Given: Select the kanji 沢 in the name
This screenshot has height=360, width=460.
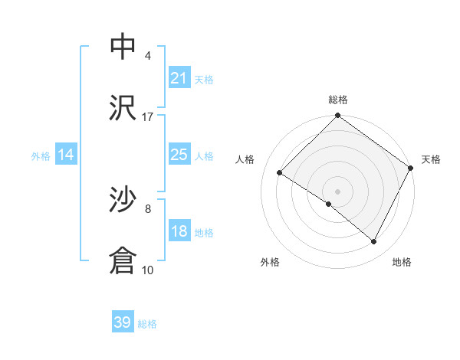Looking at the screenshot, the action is coord(123,108).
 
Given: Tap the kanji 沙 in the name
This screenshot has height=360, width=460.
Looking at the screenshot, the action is coord(123,200).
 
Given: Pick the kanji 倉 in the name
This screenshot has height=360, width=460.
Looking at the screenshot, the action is coord(123,261).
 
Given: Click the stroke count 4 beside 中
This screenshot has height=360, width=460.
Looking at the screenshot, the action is coord(148,55).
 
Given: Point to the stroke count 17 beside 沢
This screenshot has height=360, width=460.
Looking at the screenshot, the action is coord(148,116).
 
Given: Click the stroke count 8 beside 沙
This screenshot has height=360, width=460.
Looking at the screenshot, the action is coord(148,208).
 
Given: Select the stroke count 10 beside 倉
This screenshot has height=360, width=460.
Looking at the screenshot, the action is coord(148,270).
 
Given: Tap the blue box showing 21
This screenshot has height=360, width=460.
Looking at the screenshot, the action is coord(179,77).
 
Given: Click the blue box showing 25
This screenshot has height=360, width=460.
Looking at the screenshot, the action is coord(179,155).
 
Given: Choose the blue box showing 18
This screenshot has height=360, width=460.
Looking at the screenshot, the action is coord(179,231).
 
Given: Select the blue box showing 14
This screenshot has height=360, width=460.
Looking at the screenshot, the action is coord(66,155).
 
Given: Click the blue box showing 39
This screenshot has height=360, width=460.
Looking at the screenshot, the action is coord(123,322).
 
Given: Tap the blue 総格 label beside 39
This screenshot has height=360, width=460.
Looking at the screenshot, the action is coord(147,324).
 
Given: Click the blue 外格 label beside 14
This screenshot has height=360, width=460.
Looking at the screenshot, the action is coord(41,156).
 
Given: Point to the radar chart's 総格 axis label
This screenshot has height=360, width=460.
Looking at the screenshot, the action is coord(337,100).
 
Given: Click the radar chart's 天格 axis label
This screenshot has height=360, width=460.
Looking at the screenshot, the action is coord(431,159).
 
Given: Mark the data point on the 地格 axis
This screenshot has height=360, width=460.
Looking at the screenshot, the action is coord(374,242).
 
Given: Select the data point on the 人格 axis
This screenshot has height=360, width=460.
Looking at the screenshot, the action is coord(280,172).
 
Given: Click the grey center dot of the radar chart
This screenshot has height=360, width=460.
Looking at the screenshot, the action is coord(337,191).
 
